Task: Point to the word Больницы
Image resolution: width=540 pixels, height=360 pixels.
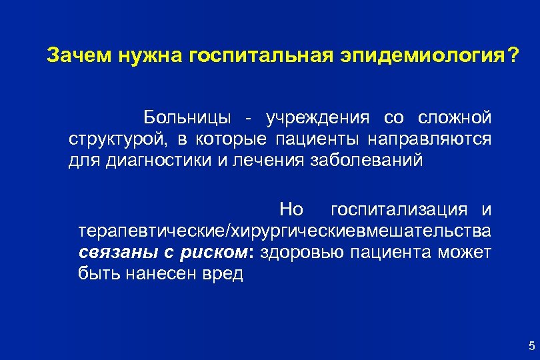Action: (186, 118)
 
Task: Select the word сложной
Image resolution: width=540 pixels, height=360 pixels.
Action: (455, 118)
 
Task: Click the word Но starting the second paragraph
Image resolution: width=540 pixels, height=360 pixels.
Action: (291, 210)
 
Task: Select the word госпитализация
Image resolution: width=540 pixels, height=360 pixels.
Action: (399, 210)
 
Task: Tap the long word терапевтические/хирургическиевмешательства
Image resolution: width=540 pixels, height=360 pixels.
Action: (285, 231)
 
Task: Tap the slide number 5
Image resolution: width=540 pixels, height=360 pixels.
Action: (531, 345)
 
